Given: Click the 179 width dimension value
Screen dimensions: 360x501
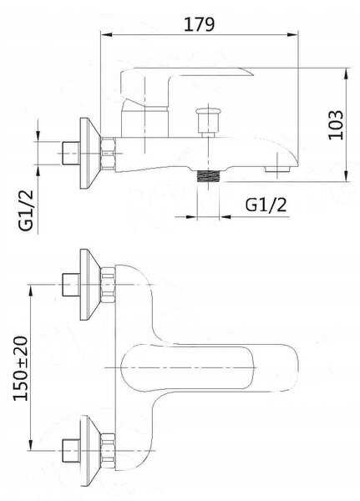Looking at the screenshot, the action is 199,24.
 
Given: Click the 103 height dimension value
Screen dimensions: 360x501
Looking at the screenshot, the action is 336,125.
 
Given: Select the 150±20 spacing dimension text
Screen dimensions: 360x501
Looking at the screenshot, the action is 21,368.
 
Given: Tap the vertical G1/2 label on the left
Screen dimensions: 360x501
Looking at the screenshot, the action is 26,210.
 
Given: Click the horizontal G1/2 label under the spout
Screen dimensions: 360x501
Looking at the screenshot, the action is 266,205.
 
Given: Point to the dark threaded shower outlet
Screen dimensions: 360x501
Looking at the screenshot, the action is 208,176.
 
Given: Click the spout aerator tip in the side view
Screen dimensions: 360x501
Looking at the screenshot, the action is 278,169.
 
